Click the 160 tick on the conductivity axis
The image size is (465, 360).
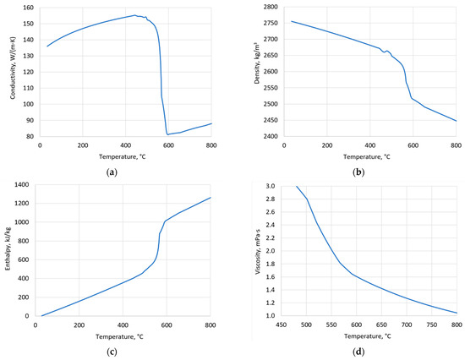pos(30,8)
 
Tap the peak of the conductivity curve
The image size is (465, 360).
pos(134,15)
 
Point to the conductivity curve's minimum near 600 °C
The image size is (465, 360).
pos(168,134)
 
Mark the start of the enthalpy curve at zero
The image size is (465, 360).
pos(41,315)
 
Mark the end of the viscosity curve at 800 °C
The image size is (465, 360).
pos(457,313)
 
